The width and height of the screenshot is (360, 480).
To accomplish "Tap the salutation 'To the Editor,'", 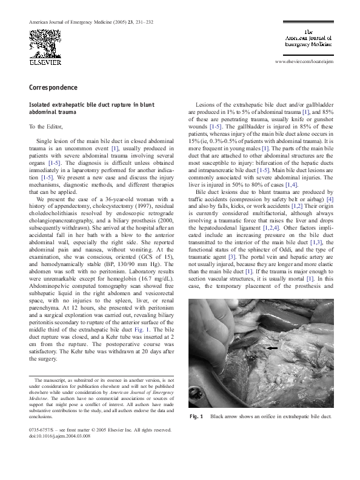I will pyautogui.click(x=49, y=127).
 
